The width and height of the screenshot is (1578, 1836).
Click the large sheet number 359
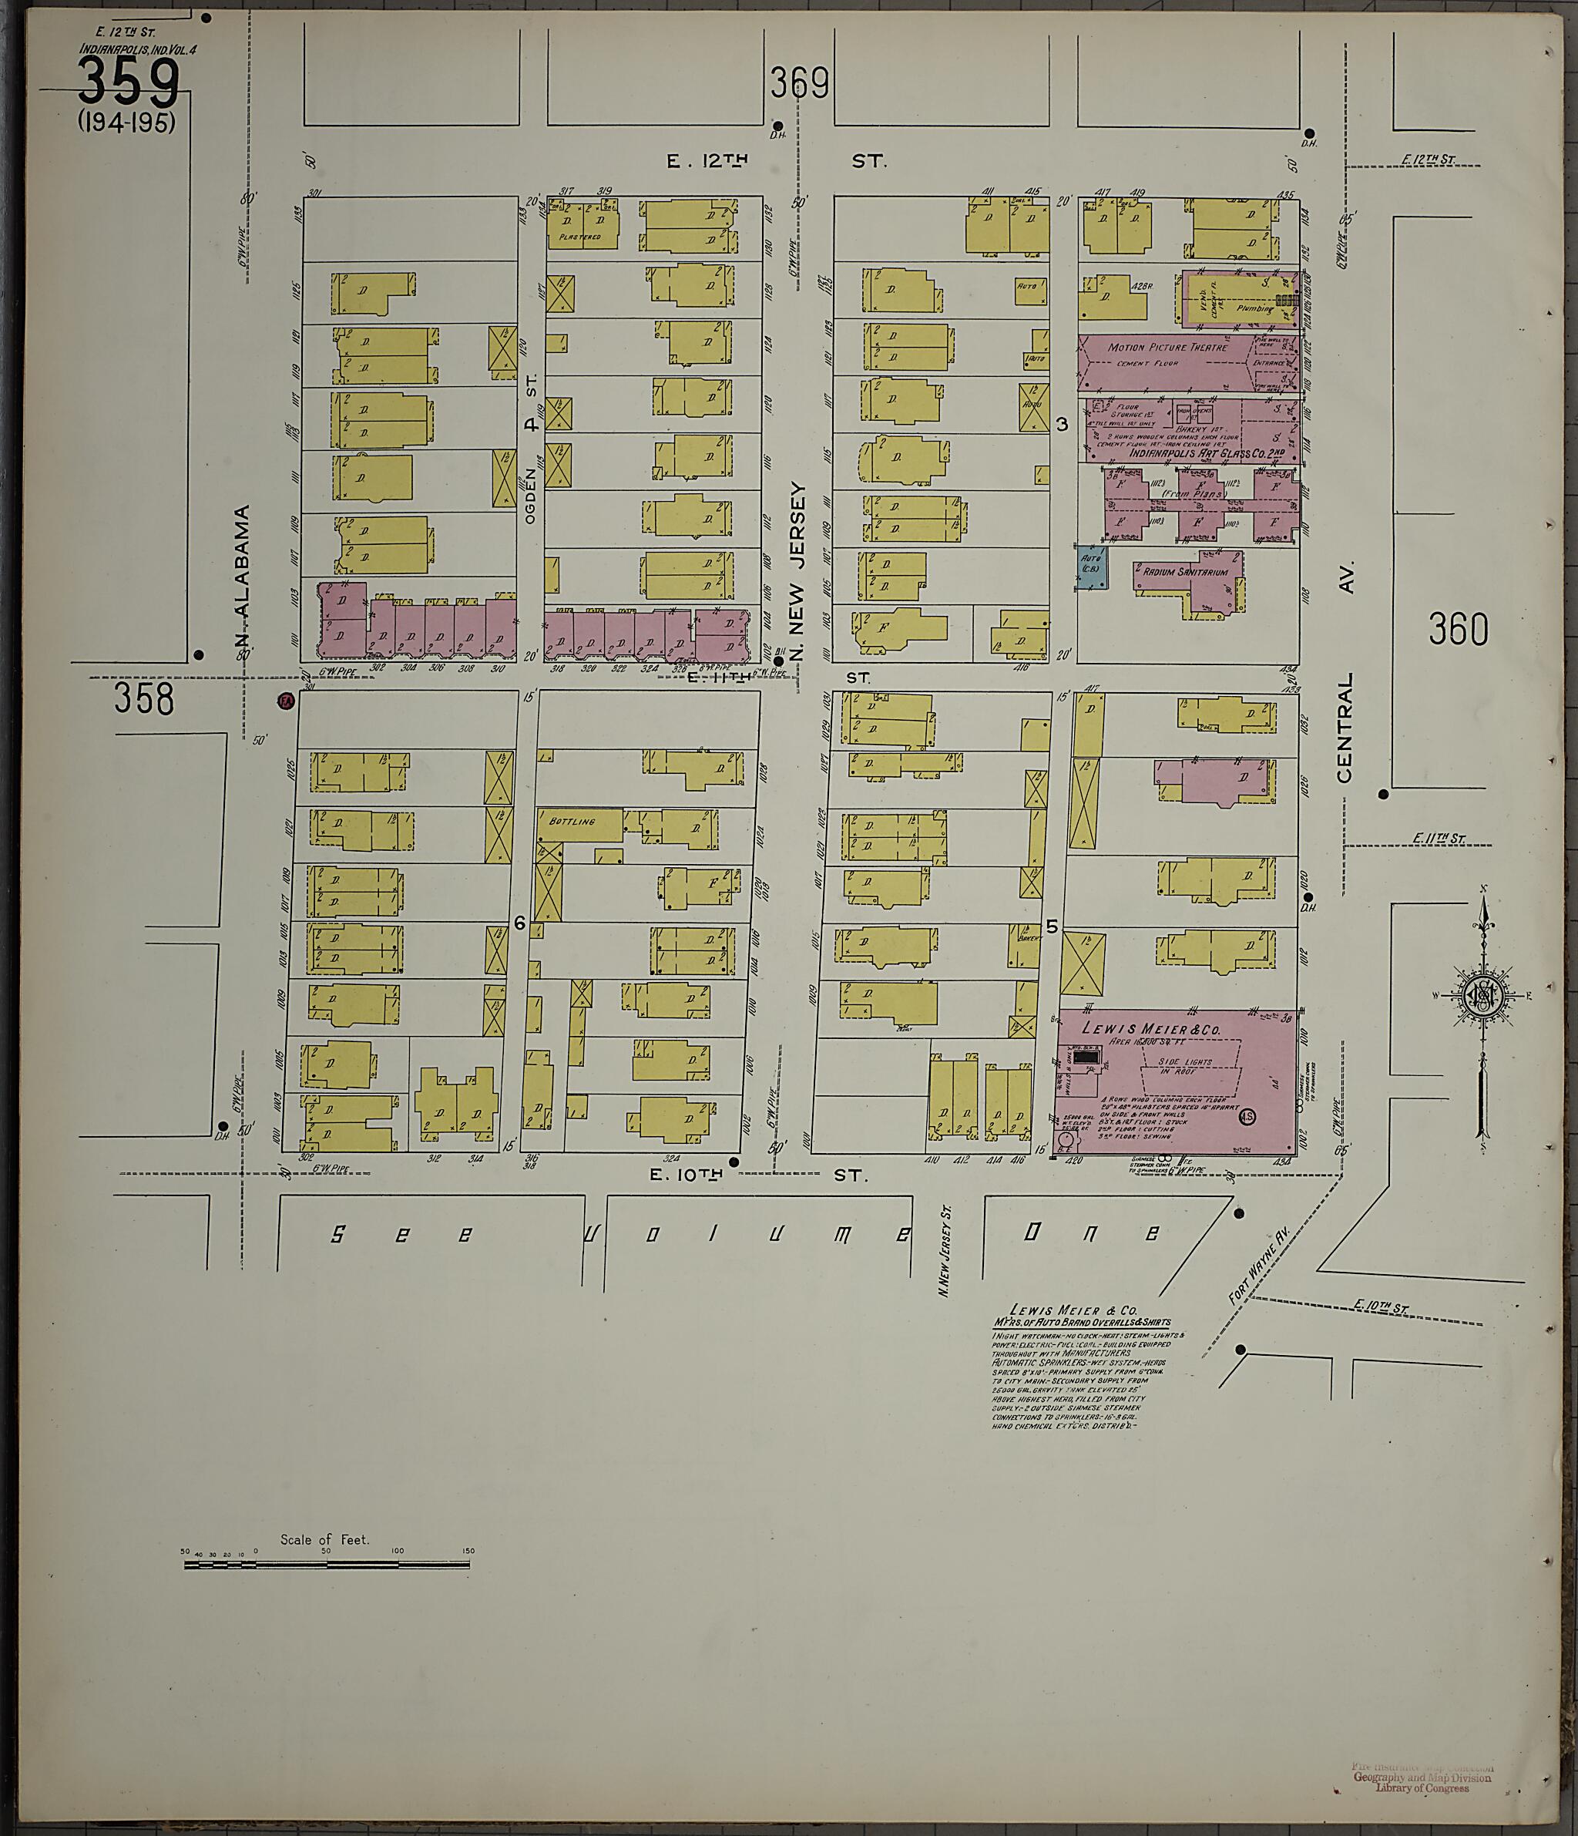(129, 82)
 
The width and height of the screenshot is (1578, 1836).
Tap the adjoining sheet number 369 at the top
(798, 84)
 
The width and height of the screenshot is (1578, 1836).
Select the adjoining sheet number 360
(1458, 630)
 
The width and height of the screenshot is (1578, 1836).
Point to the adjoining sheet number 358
(143, 699)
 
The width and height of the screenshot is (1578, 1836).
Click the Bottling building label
(572, 822)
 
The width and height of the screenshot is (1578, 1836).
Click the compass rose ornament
(1482, 994)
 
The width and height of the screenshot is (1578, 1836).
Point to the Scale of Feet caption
(324, 1539)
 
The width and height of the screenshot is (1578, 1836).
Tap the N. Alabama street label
(243, 576)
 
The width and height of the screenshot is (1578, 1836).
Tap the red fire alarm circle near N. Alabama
(285, 701)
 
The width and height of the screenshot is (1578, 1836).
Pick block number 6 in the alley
(520, 923)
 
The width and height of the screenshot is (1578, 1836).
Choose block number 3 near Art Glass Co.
(1062, 425)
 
